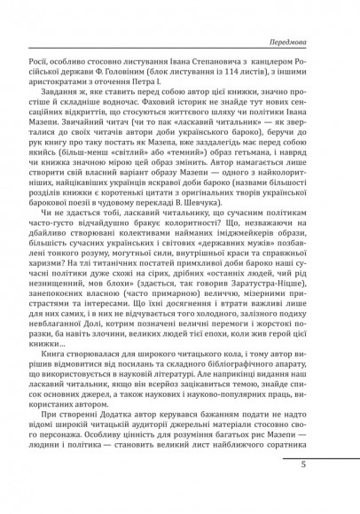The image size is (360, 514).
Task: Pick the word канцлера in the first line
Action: coord(279,63)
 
